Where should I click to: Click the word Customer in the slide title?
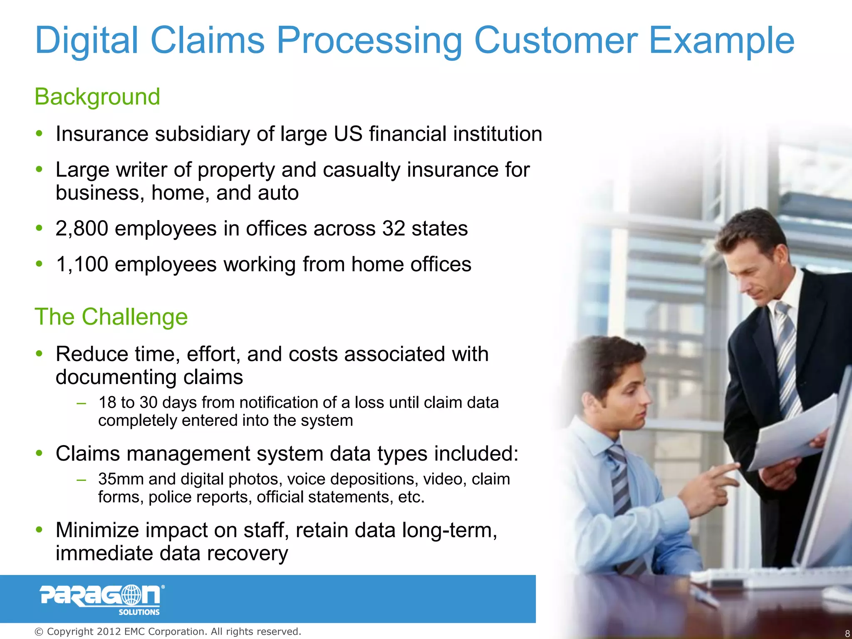point(555,40)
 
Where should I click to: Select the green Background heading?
point(97,97)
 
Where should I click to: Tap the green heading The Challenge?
point(111,317)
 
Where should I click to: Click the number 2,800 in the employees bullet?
point(82,229)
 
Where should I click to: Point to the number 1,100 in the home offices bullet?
point(82,265)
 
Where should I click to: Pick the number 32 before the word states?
point(394,229)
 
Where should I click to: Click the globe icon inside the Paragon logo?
point(131,595)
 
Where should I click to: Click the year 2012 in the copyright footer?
point(109,632)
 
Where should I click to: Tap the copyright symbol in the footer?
point(39,632)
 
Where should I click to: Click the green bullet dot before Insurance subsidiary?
point(40,134)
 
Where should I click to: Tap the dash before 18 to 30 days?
point(82,403)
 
